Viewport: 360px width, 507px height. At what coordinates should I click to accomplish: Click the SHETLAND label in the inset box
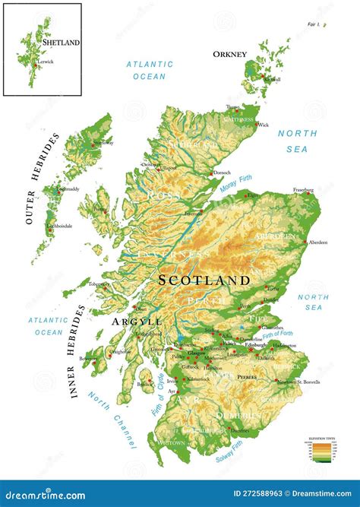pos(62,43)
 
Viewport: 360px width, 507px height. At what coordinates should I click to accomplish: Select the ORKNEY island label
pos(229,54)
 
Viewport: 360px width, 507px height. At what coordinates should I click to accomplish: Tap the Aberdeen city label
pos(317,242)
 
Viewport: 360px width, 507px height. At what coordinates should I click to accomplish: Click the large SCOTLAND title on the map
pos(204,280)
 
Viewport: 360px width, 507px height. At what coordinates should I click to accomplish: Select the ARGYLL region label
pos(137,322)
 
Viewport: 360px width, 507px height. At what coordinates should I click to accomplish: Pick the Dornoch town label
pos(222,173)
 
